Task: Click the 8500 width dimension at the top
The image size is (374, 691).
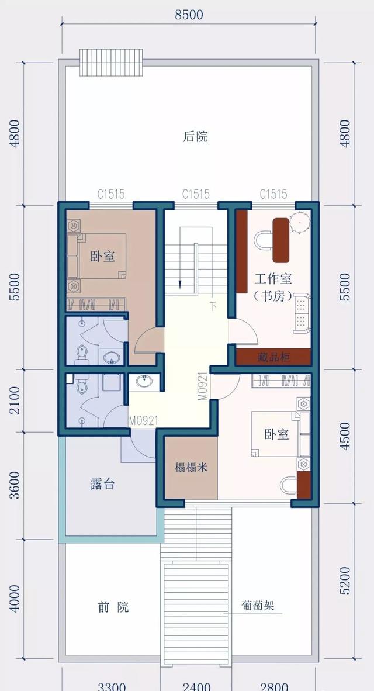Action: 189,15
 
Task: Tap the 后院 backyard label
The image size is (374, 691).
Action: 196,137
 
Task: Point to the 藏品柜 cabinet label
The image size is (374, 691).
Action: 273,357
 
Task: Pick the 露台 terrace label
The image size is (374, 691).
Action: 102,484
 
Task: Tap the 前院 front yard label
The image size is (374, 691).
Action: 113,607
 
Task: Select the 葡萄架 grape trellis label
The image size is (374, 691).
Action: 258,606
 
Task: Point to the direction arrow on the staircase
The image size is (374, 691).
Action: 181,284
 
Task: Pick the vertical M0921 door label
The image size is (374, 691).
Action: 201,386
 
